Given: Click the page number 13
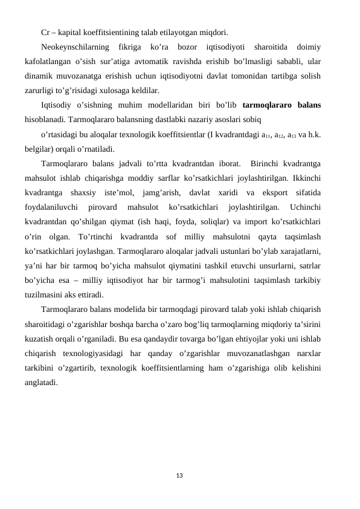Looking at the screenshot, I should [x=179, y=476].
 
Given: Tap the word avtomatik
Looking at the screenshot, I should [x=157, y=62].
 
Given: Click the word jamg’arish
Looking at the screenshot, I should [x=148, y=193].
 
